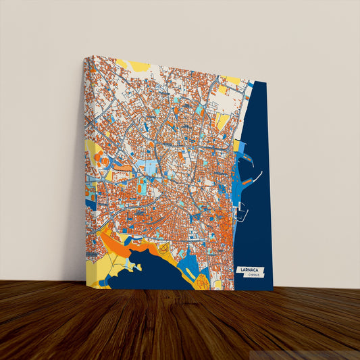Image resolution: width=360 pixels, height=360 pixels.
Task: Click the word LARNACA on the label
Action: coord(249,269)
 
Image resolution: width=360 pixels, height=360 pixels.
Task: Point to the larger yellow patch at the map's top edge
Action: coord(140,66)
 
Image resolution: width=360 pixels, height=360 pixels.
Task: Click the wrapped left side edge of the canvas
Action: coord(85,169)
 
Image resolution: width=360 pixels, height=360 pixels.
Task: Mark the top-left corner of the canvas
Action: coord(84,57)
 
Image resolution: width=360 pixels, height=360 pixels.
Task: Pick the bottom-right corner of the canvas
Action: coord(273,290)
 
